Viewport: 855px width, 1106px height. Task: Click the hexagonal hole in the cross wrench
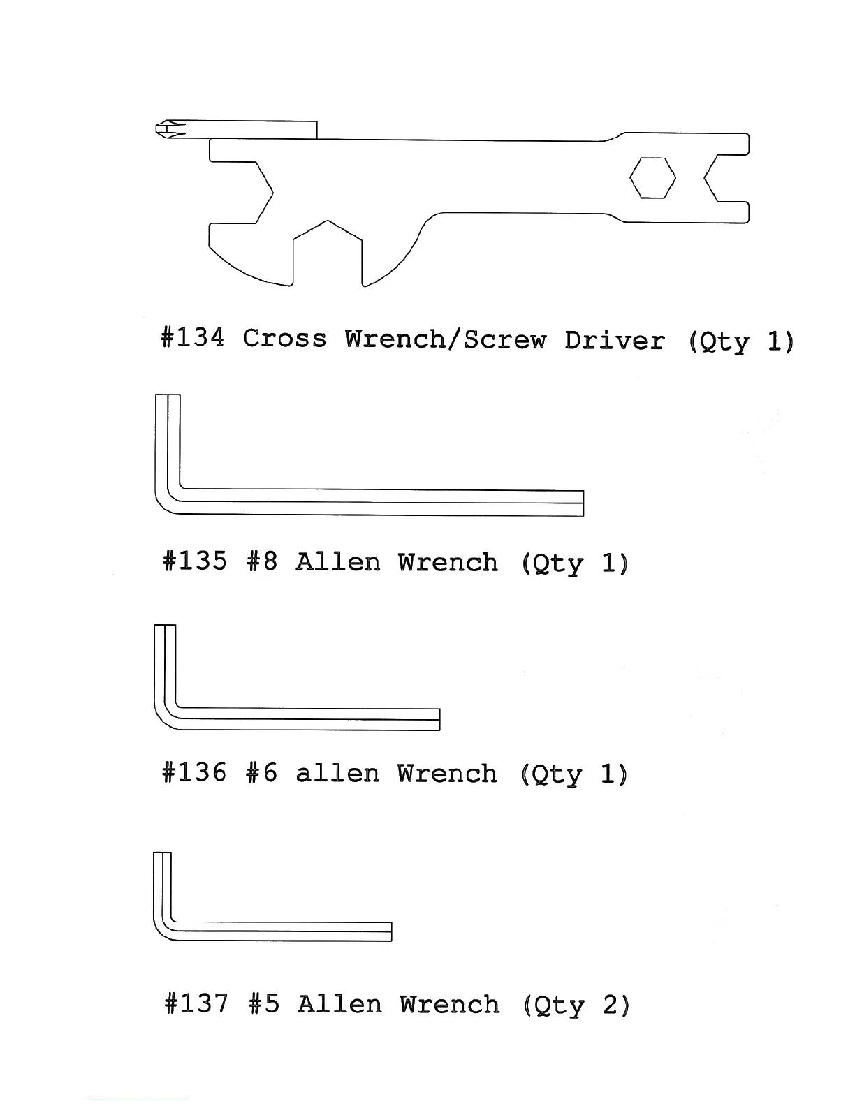pyautogui.click(x=652, y=178)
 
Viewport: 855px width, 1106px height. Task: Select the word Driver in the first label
pyautogui.click(x=614, y=340)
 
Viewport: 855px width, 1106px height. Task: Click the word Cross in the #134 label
pyautogui.click(x=285, y=339)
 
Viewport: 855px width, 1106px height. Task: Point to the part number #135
pyautogui.click(x=194, y=561)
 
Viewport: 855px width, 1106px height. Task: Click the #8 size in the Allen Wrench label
pyautogui.click(x=263, y=561)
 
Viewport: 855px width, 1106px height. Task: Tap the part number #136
pyautogui.click(x=194, y=773)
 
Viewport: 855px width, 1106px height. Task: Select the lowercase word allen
pyautogui.click(x=337, y=773)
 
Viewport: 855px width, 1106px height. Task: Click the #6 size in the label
pyautogui.click(x=263, y=773)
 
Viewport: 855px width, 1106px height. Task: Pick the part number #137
pyautogui.click(x=196, y=1004)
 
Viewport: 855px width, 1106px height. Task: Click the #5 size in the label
pyautogui.click(x=264, y=1004)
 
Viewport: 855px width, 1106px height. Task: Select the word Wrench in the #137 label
pyautogui.click(x=450, y=1004)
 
